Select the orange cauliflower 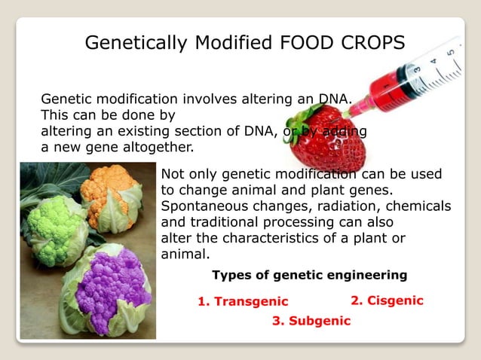pos(111,195)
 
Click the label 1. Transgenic pos(243,301)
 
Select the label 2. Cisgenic pos(387,301)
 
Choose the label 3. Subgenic pos(311,321)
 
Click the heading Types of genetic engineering pos(309,275)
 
